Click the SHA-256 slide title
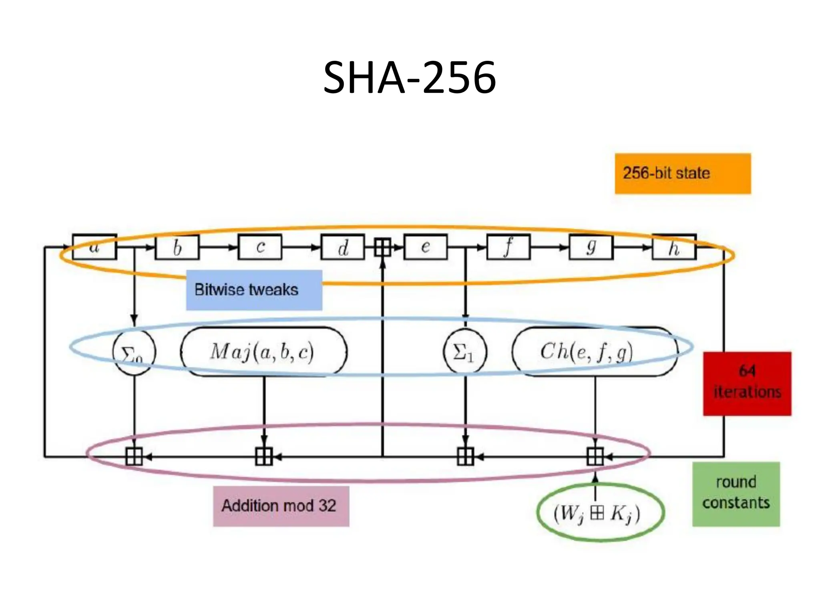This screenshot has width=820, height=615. click(x=410, y=77)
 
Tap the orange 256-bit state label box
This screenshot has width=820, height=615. click(x=683, y=173)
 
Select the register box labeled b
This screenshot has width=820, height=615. click(x=177, y=247)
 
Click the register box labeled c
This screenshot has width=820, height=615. click(x=260, y=247)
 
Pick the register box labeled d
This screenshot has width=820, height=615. click(x=343, y=247)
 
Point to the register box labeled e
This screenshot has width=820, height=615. click(x=426, y=247)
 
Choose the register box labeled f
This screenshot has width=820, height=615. click(x=508, y=247)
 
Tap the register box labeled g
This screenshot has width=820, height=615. click(x=591, y=247)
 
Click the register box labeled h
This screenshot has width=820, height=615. click(x=674, y=247)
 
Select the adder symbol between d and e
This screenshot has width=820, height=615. click(x=382, y=247)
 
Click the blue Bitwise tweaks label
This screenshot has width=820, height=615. click(x=254, y=290)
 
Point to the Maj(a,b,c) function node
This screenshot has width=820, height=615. click(x=263, y=352)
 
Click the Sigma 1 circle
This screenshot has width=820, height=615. click(x=465, y=352)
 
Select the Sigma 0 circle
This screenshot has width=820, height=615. click(x=134, y=352)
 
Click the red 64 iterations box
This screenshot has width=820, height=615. click(x=747, y=383)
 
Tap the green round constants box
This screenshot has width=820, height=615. click(x=736, y=494)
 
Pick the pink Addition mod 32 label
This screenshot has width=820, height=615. click(x=281, y=506)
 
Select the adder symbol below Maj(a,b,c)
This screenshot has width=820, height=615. click(x=263, y=456)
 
